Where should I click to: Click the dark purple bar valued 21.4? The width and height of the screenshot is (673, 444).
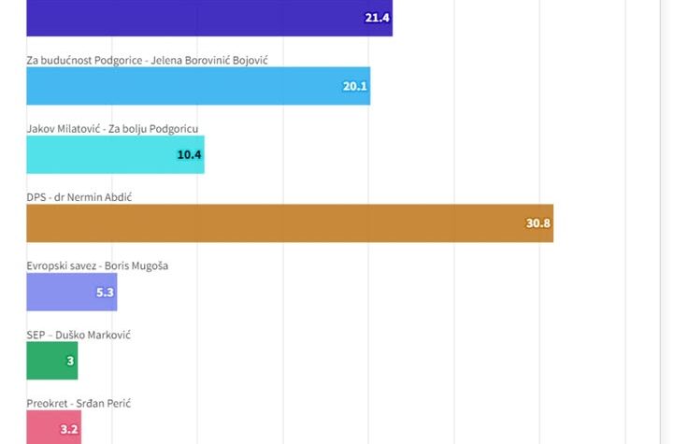(209, 18)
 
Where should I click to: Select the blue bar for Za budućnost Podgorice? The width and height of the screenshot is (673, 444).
(198, 86)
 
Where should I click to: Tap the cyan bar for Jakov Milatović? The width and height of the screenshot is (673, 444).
(115, 154)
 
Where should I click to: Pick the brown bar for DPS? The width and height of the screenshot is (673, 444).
(290, 223)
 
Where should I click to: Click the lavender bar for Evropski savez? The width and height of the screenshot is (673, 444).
(71, 292)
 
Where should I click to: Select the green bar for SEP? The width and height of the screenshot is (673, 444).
(51, 361)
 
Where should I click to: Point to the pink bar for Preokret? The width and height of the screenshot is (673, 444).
(53, 429)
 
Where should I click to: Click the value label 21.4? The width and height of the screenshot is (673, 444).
(378, 18)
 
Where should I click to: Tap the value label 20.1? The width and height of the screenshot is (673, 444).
(355, 86)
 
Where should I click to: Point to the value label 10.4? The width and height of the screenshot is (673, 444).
(190, 154)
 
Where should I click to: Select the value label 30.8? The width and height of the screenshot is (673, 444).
(538, 223)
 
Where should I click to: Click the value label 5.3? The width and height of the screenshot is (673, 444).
(105, 293)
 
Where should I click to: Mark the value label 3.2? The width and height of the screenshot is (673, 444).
(69, 430)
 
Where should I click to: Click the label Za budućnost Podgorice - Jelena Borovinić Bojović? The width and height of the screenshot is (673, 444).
(153, 61)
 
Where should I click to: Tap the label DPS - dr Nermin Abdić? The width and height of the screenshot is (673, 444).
(88, 197)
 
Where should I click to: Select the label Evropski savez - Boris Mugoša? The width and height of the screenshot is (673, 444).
(97, 265)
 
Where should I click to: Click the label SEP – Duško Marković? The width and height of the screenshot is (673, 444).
(79, 335)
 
